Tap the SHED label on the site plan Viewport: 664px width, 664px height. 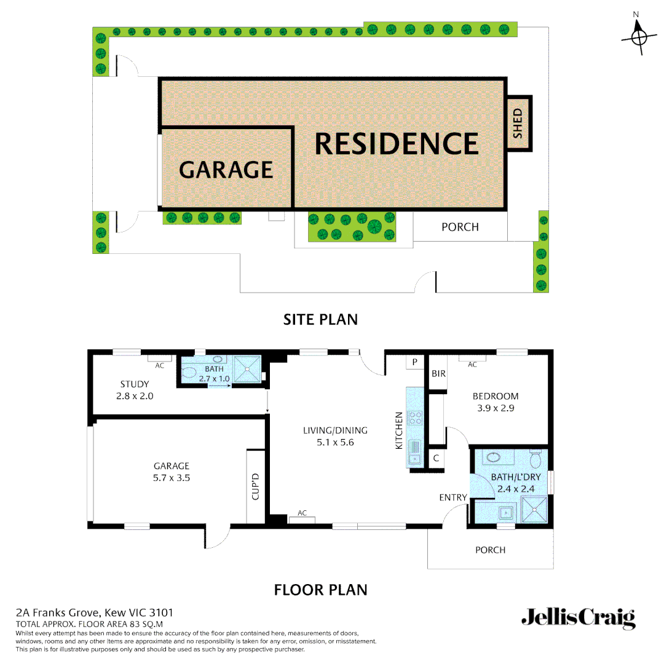517,123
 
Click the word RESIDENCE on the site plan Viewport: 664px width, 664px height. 397,144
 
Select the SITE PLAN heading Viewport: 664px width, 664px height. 320,320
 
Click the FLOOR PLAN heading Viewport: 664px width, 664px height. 320,590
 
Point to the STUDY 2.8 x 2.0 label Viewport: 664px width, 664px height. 135,390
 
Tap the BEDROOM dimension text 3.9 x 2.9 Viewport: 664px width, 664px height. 496,408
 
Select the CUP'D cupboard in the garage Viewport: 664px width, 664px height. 255,486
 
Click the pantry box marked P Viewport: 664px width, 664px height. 415,363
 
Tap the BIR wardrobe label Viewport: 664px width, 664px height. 438,373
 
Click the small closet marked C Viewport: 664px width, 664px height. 436,458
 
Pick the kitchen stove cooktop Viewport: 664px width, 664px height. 416,418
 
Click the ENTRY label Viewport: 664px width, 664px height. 453,497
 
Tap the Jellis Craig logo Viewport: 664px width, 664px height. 578,618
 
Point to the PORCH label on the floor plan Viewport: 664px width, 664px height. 490,550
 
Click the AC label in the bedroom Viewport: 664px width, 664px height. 472,365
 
